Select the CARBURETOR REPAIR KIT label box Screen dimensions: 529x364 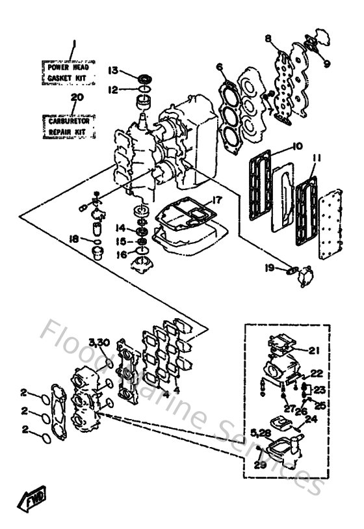[70, 126]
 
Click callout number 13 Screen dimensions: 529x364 [112, 70]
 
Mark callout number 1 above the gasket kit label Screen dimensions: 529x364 [73, 44]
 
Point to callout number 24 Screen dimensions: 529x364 [311, 420]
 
